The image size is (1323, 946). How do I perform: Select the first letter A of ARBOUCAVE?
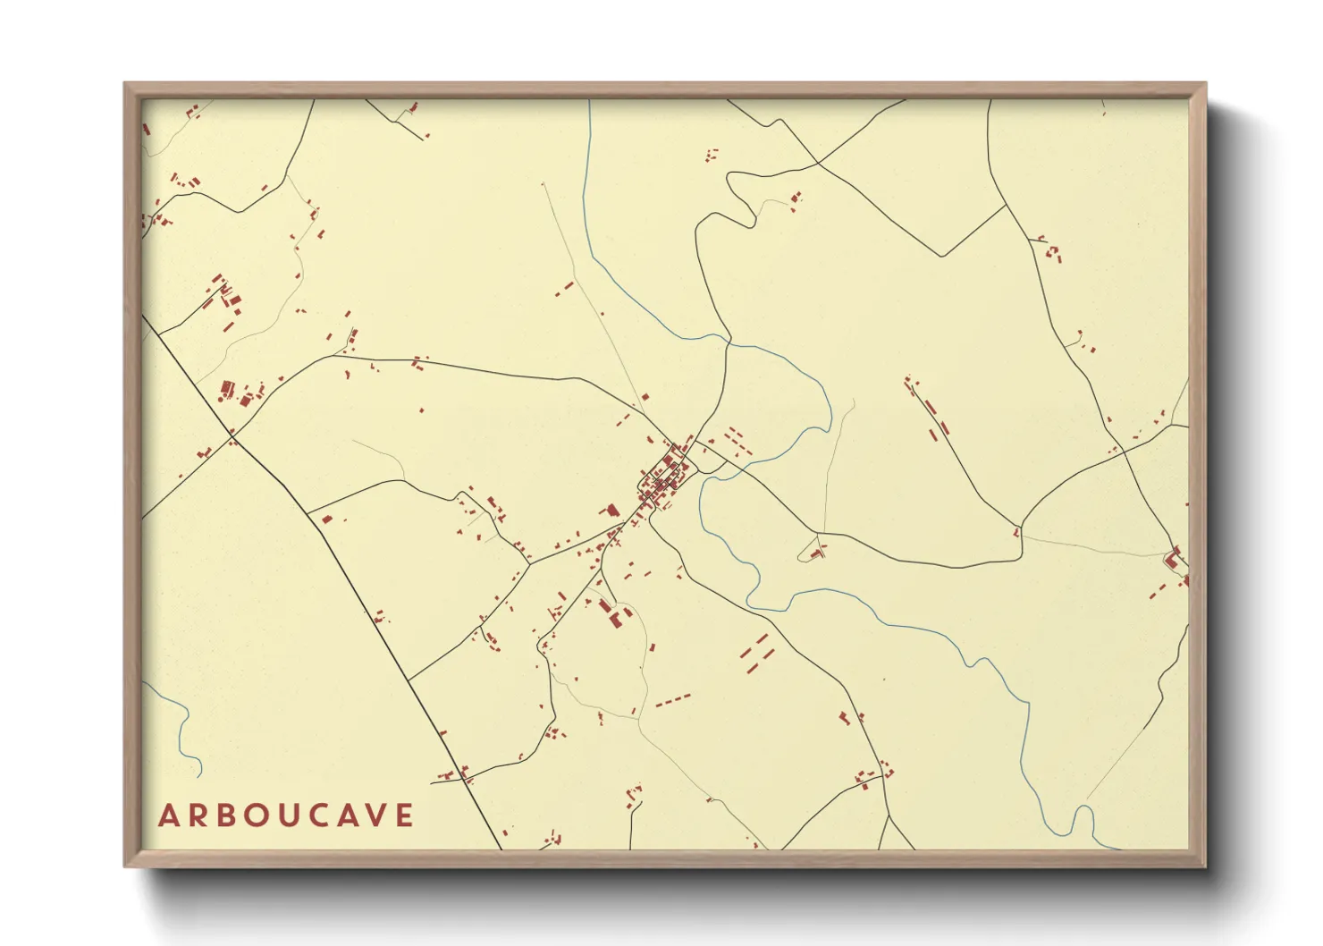pos(167,815)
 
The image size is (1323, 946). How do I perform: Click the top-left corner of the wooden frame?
pos(125,84)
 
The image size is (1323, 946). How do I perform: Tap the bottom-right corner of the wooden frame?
pos(1205,866)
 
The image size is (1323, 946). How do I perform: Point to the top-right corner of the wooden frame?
pos(1205,84)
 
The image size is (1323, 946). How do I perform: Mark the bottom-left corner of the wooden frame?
pos(125,866)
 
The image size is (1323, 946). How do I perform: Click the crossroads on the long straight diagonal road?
pos(233,440)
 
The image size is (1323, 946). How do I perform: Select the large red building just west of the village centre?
pos(612,510)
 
